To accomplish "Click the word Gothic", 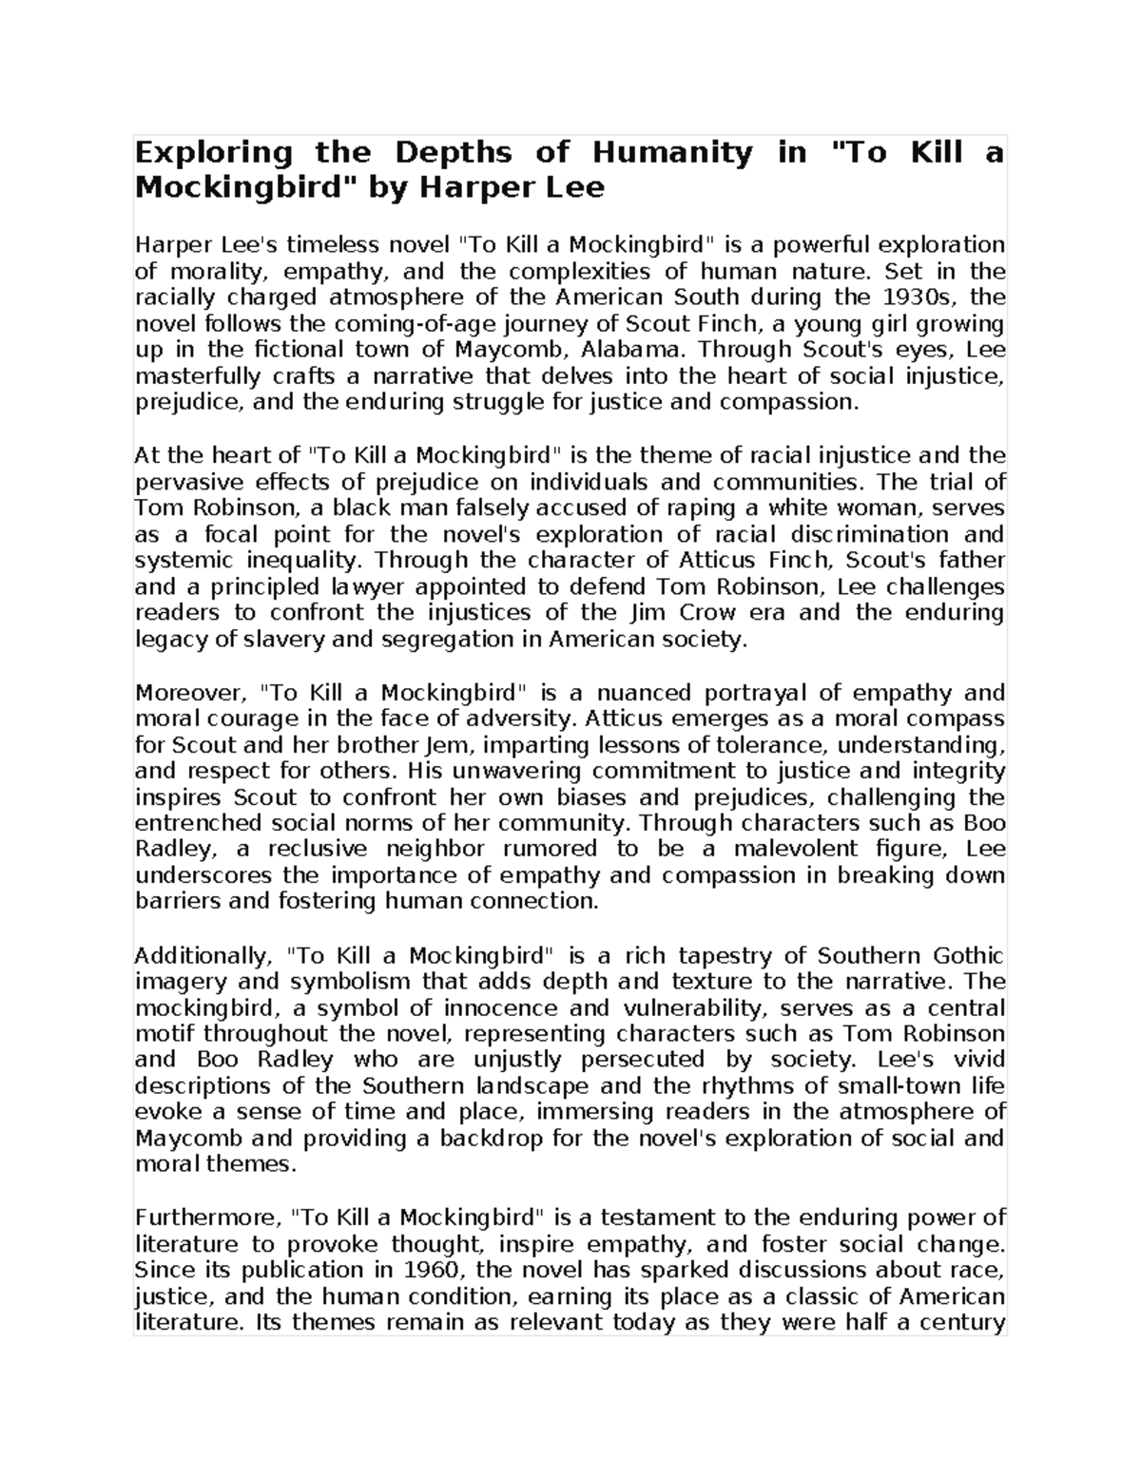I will click(x=969, y=955).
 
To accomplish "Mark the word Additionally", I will click(x=203, y=955).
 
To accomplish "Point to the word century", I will click(x=965, y=1322).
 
